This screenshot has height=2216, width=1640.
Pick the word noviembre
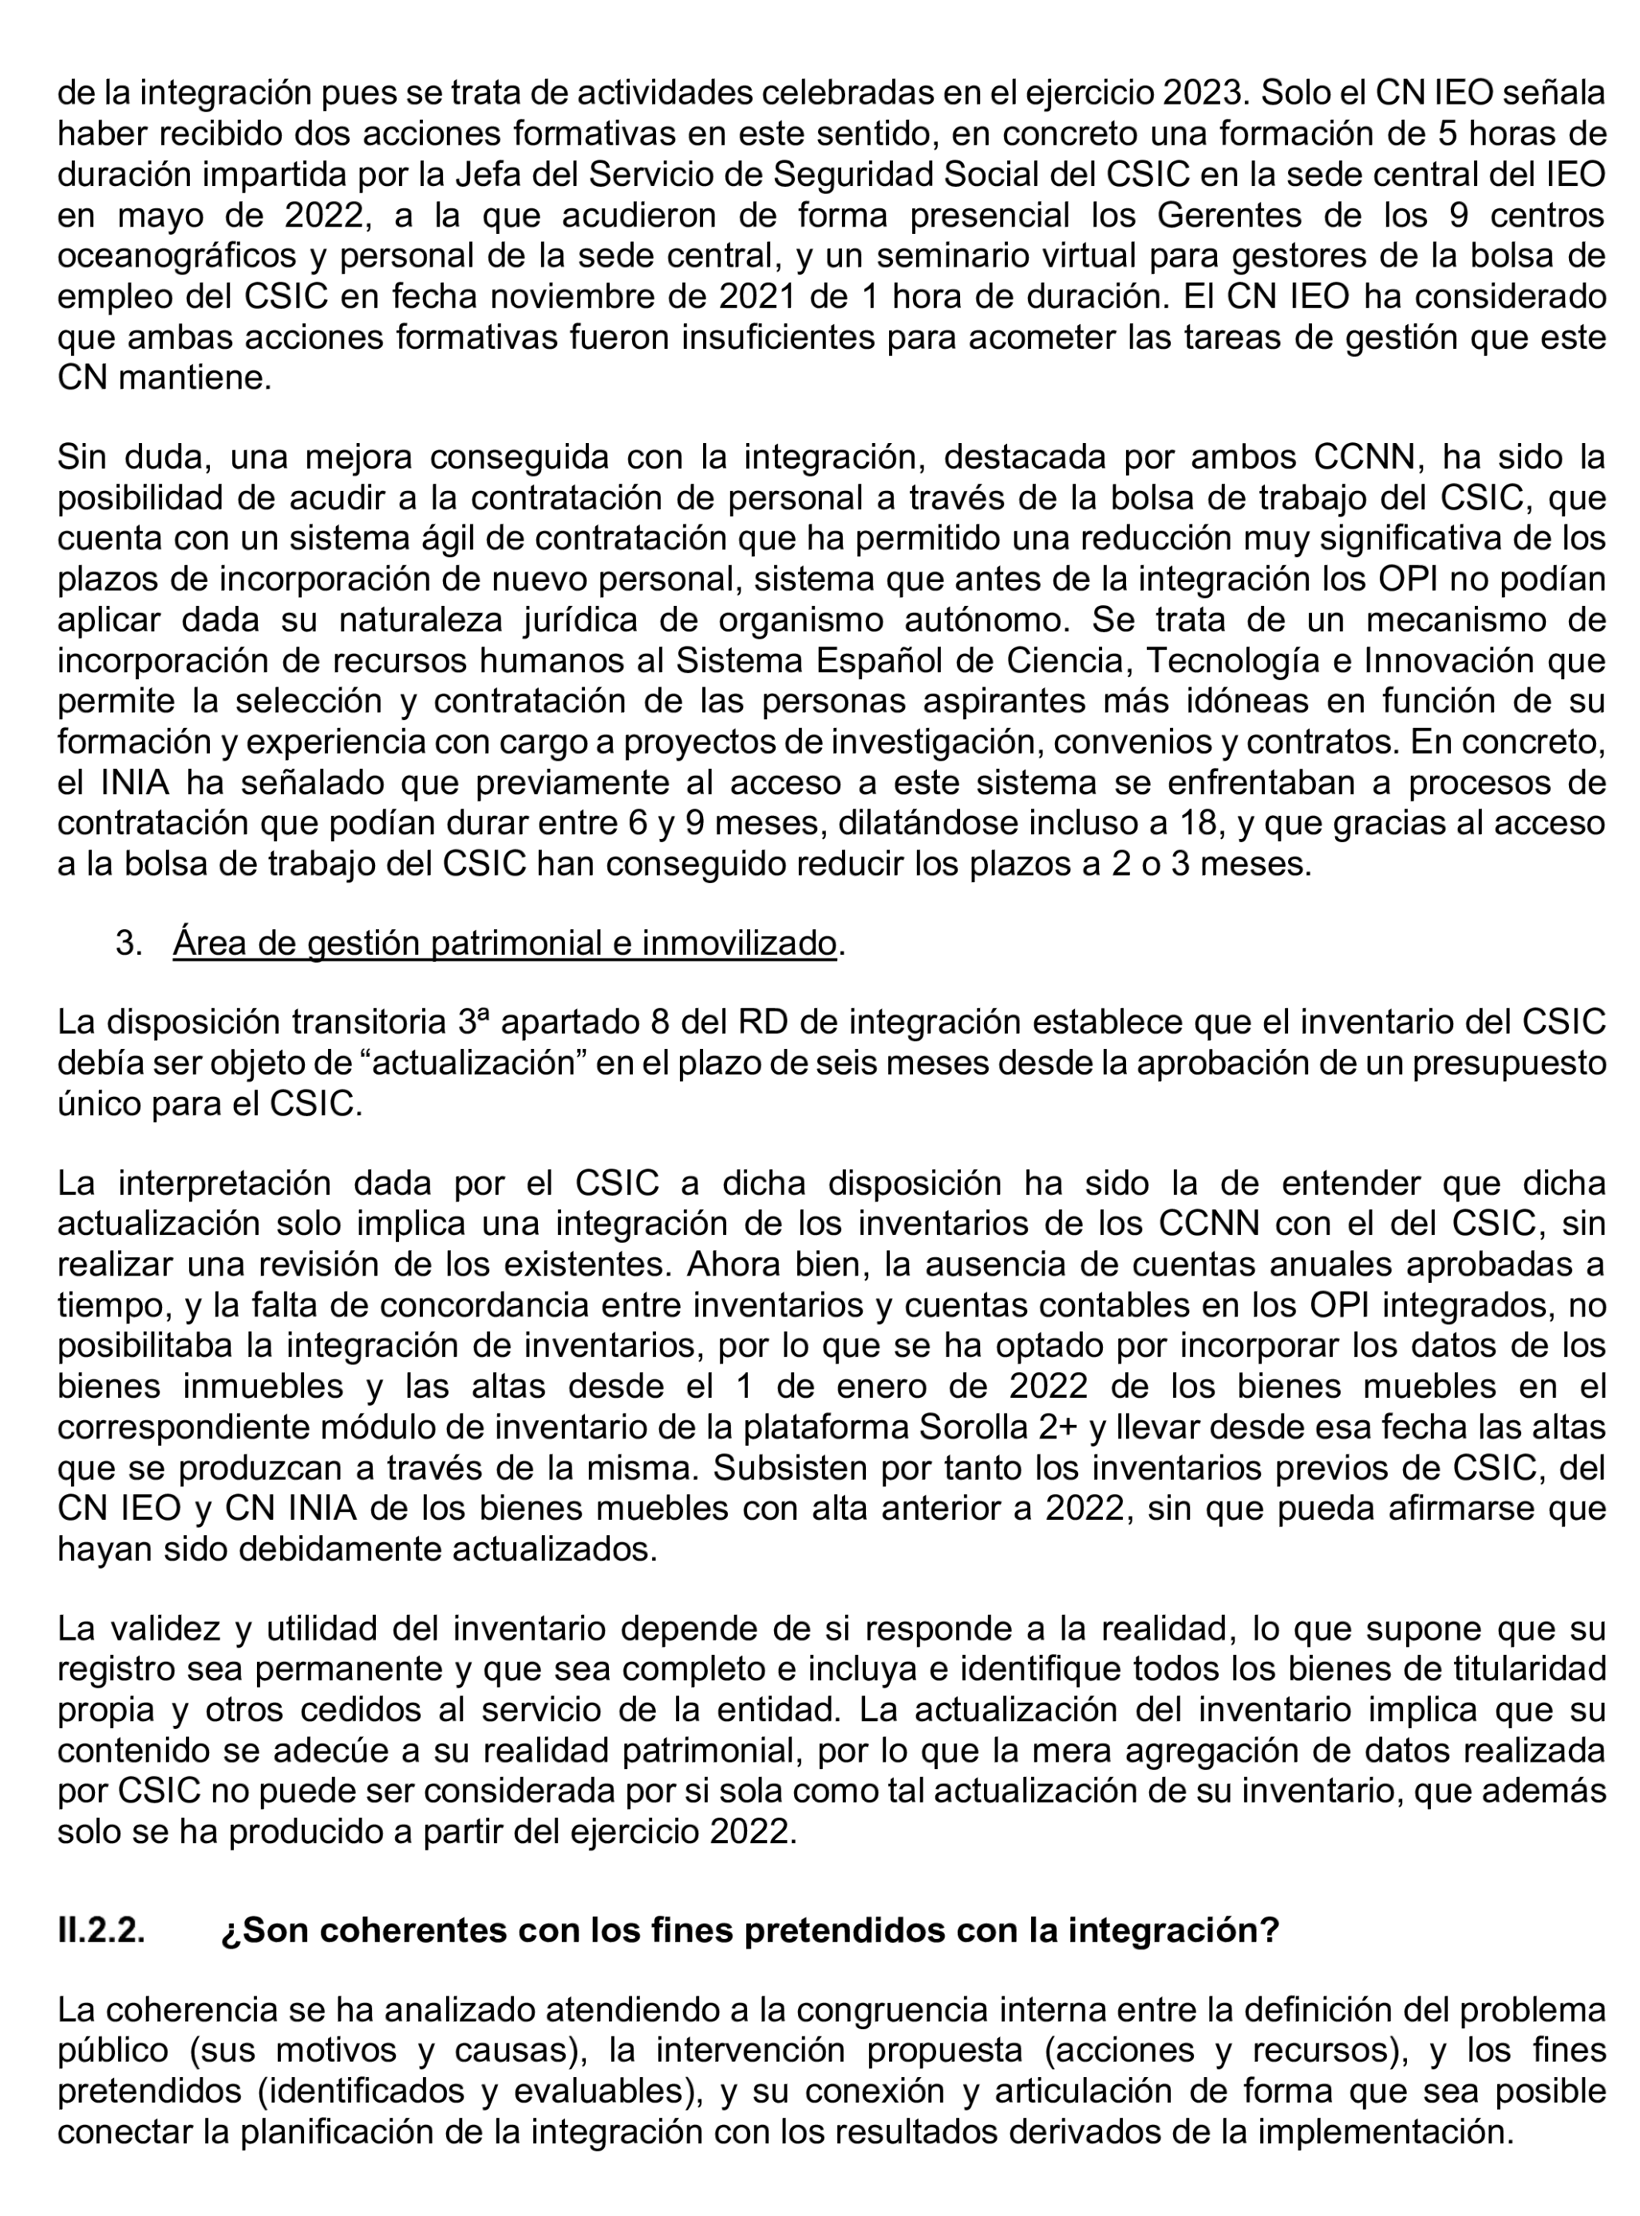(x=556, y=296)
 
